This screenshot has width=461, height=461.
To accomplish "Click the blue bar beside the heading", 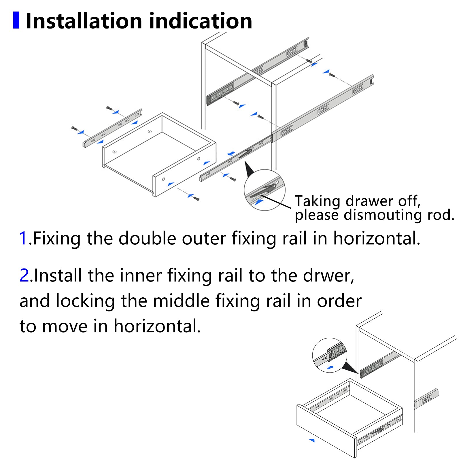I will (16, 20).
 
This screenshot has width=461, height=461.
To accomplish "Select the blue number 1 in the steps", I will (23, 239).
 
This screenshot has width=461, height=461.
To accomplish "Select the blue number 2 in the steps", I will (24, 275).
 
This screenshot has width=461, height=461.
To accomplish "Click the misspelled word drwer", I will (328, 276).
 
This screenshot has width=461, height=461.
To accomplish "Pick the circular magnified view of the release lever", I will (264, 190).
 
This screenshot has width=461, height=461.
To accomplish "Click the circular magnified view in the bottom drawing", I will (329, 355).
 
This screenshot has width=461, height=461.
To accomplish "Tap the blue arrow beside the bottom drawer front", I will (312, 440).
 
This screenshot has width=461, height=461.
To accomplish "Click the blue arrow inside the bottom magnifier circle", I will (330, 368).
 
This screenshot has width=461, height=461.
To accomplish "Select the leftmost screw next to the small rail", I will (74, 128).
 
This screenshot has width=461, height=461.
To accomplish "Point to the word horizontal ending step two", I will (157, 326).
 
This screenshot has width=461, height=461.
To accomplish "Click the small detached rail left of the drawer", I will (112, 128).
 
